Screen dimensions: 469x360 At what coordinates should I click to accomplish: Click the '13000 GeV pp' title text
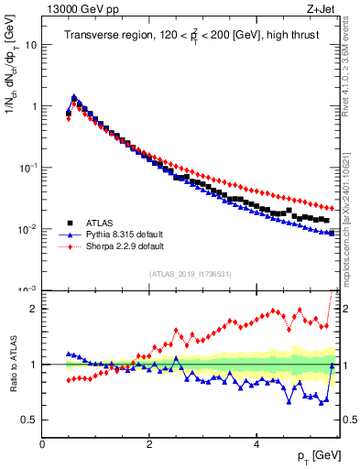pyautogui.click(x=76, y=8)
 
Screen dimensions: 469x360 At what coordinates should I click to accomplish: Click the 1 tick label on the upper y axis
pyautogui.click(x=34, y=106)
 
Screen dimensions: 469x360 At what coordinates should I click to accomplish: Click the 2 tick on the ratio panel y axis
pyautogui.click(x=34, y=309)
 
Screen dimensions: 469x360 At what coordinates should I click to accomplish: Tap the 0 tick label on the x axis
pyautogui.click(x=42, y=444)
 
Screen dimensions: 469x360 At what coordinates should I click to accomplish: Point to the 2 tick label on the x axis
pyautogui.click(x=149, y=444)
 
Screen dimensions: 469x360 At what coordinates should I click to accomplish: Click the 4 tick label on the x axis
pyautogui.click(x=256, y=444)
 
